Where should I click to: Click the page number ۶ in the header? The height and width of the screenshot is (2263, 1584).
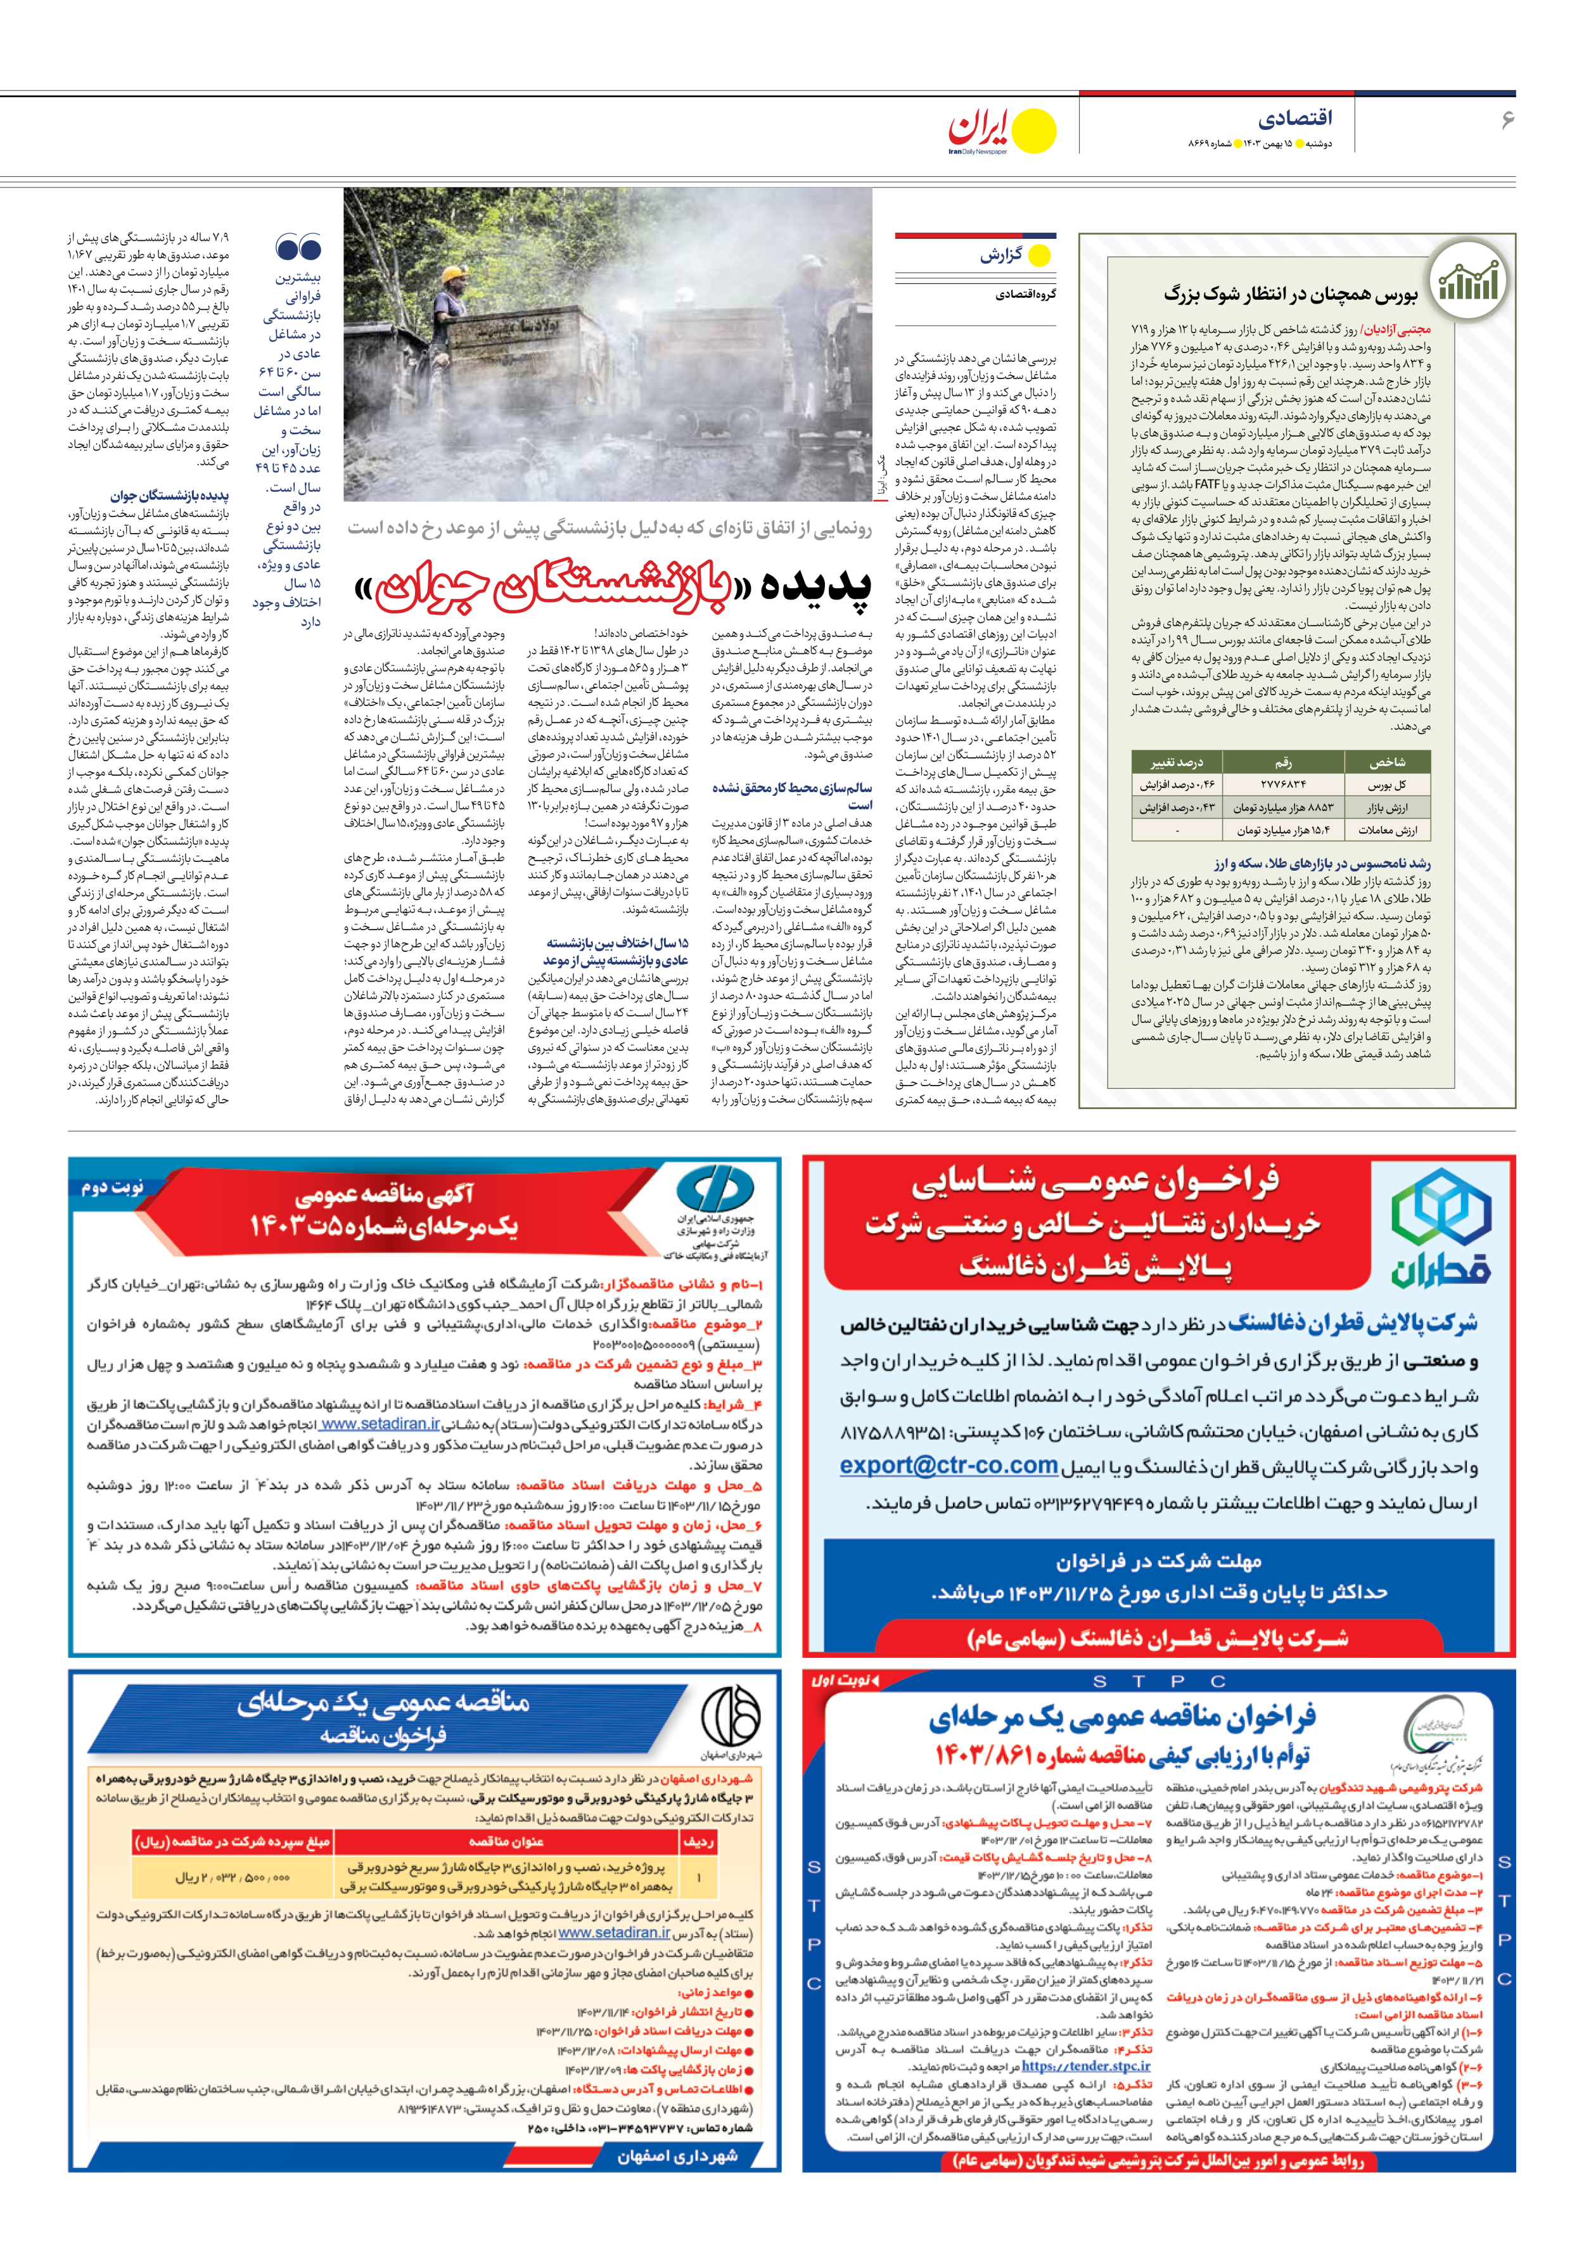pyautogui.click(x=1506, y=120)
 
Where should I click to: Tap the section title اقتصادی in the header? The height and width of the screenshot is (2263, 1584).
pyautogui.click(x=1294, y=119)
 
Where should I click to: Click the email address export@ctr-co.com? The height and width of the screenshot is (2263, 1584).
pyautogui.click(x=948, y=1466)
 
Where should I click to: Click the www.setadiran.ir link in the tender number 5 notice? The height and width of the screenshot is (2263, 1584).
pyautogui.click(x=380, y=1423)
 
